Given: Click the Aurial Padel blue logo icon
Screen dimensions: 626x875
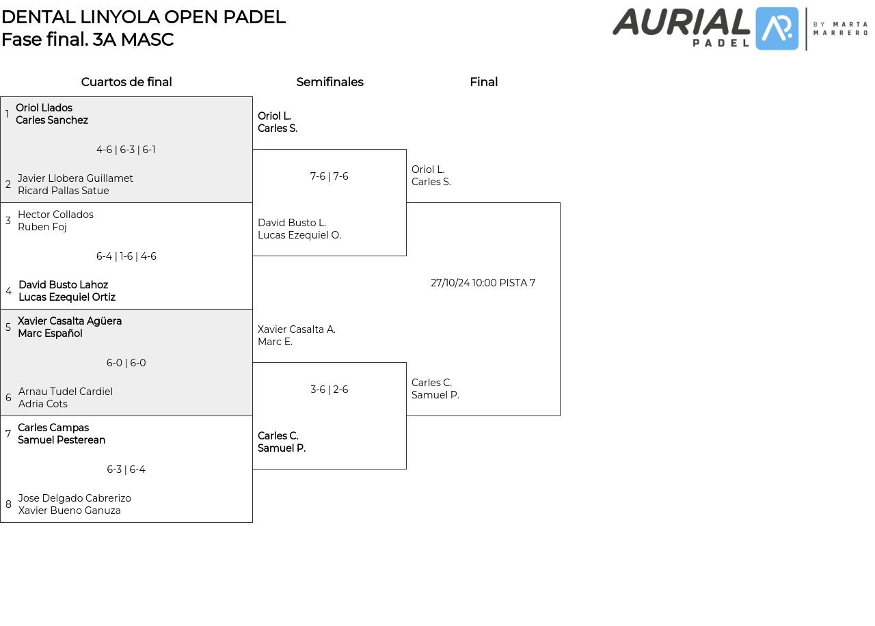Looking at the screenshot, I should click(777, 29).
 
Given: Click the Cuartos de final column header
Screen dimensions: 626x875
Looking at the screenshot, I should click(126, 82).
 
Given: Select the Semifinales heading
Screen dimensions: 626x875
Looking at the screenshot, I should click(329, 82).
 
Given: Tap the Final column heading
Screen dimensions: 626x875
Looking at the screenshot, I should click(483, 82).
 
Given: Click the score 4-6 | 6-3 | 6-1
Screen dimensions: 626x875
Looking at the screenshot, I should click(126, 150).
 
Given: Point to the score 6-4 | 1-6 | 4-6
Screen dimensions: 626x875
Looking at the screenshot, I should click(126, 256).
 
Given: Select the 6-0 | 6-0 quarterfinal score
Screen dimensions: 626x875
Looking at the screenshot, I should click(126, 363).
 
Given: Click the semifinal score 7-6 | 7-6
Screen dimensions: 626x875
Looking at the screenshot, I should click(329, 176).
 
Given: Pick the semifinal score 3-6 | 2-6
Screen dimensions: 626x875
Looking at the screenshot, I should click(329, 390).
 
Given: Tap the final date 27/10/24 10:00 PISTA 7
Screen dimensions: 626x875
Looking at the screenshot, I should click(483, 283).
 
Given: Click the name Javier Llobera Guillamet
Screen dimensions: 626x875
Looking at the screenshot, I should click(75, 178).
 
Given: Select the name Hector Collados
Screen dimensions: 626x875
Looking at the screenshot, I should click(55, 215).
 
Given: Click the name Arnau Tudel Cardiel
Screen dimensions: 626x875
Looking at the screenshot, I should click(66, 392).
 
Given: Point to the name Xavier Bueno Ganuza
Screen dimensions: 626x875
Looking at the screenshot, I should click(69, 511).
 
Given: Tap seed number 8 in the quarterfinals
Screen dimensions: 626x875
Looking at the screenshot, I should click(8, 504).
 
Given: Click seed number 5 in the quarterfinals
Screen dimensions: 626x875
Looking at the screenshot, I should click(8, 327).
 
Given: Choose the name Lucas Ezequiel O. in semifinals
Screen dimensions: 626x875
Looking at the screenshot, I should click(299, 235).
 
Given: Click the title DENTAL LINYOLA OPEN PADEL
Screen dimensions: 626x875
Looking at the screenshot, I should click(143, 17).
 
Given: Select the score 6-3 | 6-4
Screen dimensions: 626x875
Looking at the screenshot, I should click(126, 469).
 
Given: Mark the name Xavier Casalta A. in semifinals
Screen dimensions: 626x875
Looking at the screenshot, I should click(296, 329).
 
